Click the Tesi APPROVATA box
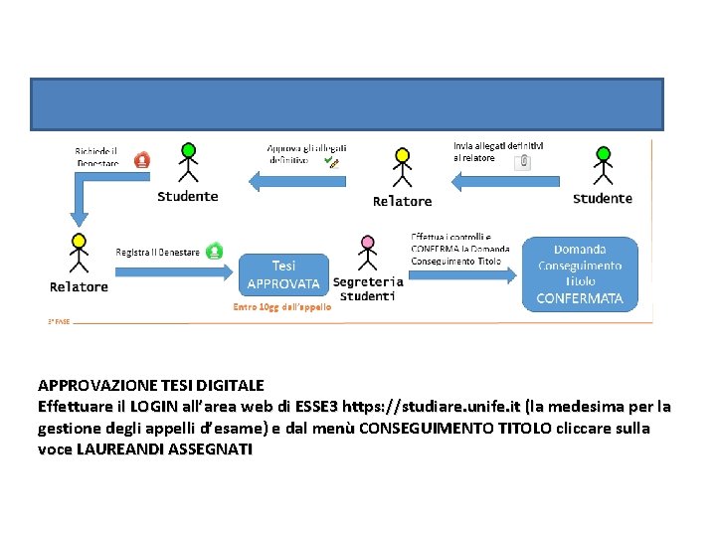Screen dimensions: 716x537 coord(283,274)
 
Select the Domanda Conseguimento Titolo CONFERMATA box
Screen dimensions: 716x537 coord(580,272)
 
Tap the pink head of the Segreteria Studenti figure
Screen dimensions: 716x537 coord(368,242)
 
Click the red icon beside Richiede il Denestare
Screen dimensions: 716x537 coord(142,158)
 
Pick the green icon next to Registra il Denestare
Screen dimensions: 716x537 coord(214,251)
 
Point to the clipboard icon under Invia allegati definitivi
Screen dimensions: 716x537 coord(523,161)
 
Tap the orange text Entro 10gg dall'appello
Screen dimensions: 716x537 coord(282,307)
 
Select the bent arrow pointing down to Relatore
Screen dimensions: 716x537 coord(82,199)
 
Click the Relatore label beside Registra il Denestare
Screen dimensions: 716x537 coord(79,287)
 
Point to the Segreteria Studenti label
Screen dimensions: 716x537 coord(368,288)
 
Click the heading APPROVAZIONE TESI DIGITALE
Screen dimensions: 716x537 coord(151,385)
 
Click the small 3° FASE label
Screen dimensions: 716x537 coord(59,321)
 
